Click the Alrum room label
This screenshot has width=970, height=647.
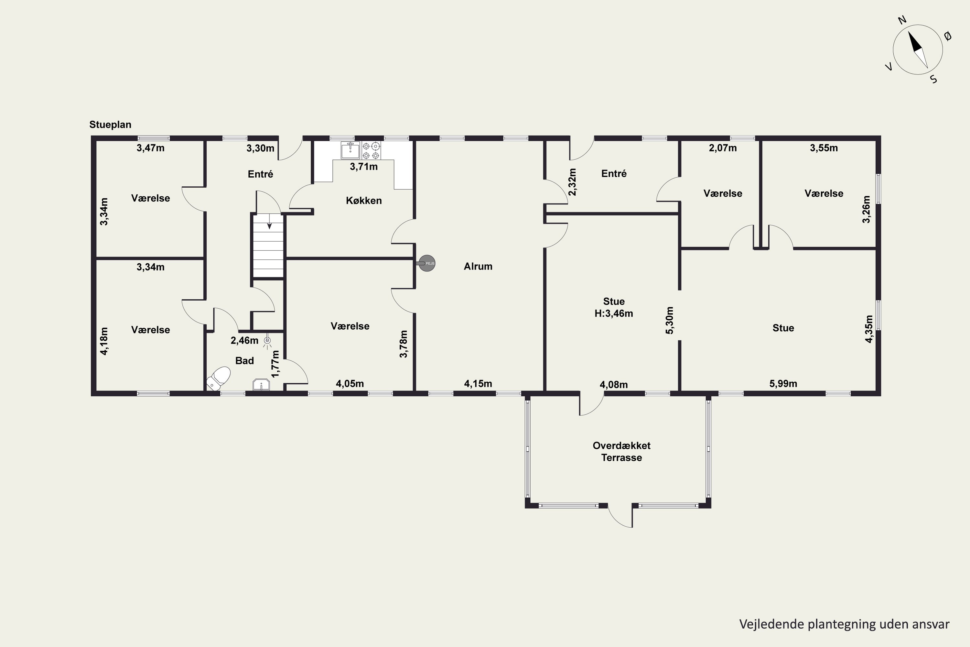pyautogui.click(x=478, y=266)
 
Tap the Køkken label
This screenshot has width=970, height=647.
pyautogui.click(x=364, y=201)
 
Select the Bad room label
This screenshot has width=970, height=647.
pyautogui.click(x=244, y=361)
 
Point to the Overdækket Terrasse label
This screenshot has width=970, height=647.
pyautogui.click(x=621, y=451)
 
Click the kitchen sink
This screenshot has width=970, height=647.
pyautogui.click(x=350, y=150)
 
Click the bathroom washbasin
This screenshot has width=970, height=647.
pyautogui.click(x=261, y=385)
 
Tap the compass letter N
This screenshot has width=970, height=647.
pyautogui.click(x=902, y=31)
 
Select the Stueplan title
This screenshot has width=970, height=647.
pyautogui.click(x=110, y=125)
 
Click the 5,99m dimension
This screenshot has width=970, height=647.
pyautogui.click(x=783, y=383)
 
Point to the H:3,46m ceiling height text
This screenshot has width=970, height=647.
pyautogui.click(x=614, y=313)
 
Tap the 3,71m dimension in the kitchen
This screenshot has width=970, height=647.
pyautogui.click(x=364, y=167)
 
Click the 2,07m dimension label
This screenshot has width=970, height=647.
pyautogui.click(x=723, y=148)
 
